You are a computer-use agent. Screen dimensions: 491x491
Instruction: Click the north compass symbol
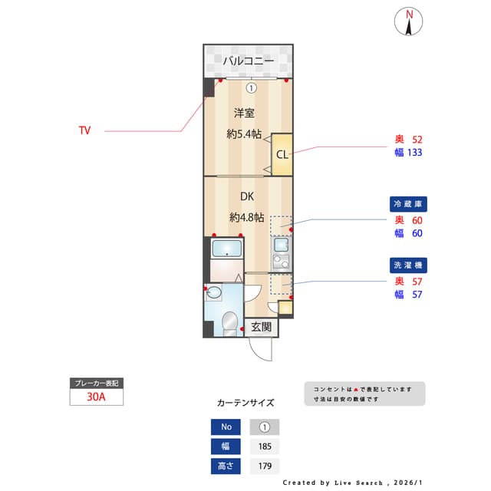pyautogui.click(x=410, y=21)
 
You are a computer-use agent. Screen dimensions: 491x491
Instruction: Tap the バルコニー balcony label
pyautogui.click(x=248, y=61)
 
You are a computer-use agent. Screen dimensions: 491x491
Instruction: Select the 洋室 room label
pyautogui.click(x=244, y=114)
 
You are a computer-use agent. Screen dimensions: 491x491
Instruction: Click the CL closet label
pyautogui.click(x=282, y=154)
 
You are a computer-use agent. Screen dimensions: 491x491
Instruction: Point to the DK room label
pyautogui.click(x=246, y=196)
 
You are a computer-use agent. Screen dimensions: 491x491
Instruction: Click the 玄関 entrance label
pyautogui.click(x=261, y=327)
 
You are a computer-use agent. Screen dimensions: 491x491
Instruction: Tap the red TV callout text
pyautogui.click(x=84, y=130)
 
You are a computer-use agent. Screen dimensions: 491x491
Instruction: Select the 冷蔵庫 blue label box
pyautogui.click(x=408, y=204)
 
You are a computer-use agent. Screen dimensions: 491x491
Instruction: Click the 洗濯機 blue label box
pyautogui.click(x=408, y=265)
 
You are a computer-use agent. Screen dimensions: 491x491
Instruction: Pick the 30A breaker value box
pyautogui.click(x=96, y=397)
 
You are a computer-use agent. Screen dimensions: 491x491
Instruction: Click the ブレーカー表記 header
pyautogui.click(x=96, y=383)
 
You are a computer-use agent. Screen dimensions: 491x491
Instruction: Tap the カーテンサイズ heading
pyautogui.click(x=245, y=402)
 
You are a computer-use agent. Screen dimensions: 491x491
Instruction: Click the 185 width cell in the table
pyautogui.click(x=264, y=447)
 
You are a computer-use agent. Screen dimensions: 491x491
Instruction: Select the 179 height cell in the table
pyautogui.click(x=264, y=466)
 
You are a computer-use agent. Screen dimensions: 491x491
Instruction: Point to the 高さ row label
pyautogui.click(x=226, y=466)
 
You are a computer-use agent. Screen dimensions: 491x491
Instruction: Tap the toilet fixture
pyautogui.click(x=229, y=323)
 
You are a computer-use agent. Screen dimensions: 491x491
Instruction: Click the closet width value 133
pyautogui.click(x=416, y=152)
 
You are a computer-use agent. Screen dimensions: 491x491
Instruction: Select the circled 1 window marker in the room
pyautogui.click(x=251, y=87)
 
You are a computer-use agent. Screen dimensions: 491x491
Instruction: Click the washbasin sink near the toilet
pyautogui.click(x=214, y=292)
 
